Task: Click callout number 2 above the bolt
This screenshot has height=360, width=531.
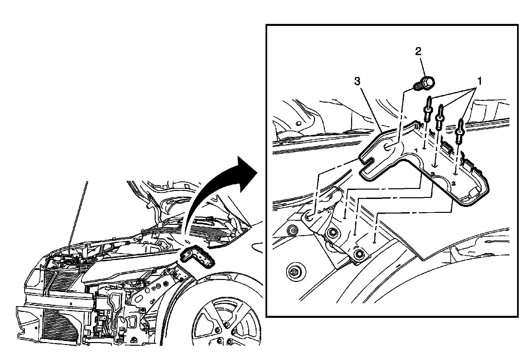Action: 418,51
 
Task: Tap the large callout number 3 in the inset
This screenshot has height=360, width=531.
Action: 357,81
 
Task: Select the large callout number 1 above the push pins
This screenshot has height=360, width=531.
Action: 479,81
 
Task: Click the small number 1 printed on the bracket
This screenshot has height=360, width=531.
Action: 416,150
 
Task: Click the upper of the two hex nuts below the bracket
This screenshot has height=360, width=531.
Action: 331,233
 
